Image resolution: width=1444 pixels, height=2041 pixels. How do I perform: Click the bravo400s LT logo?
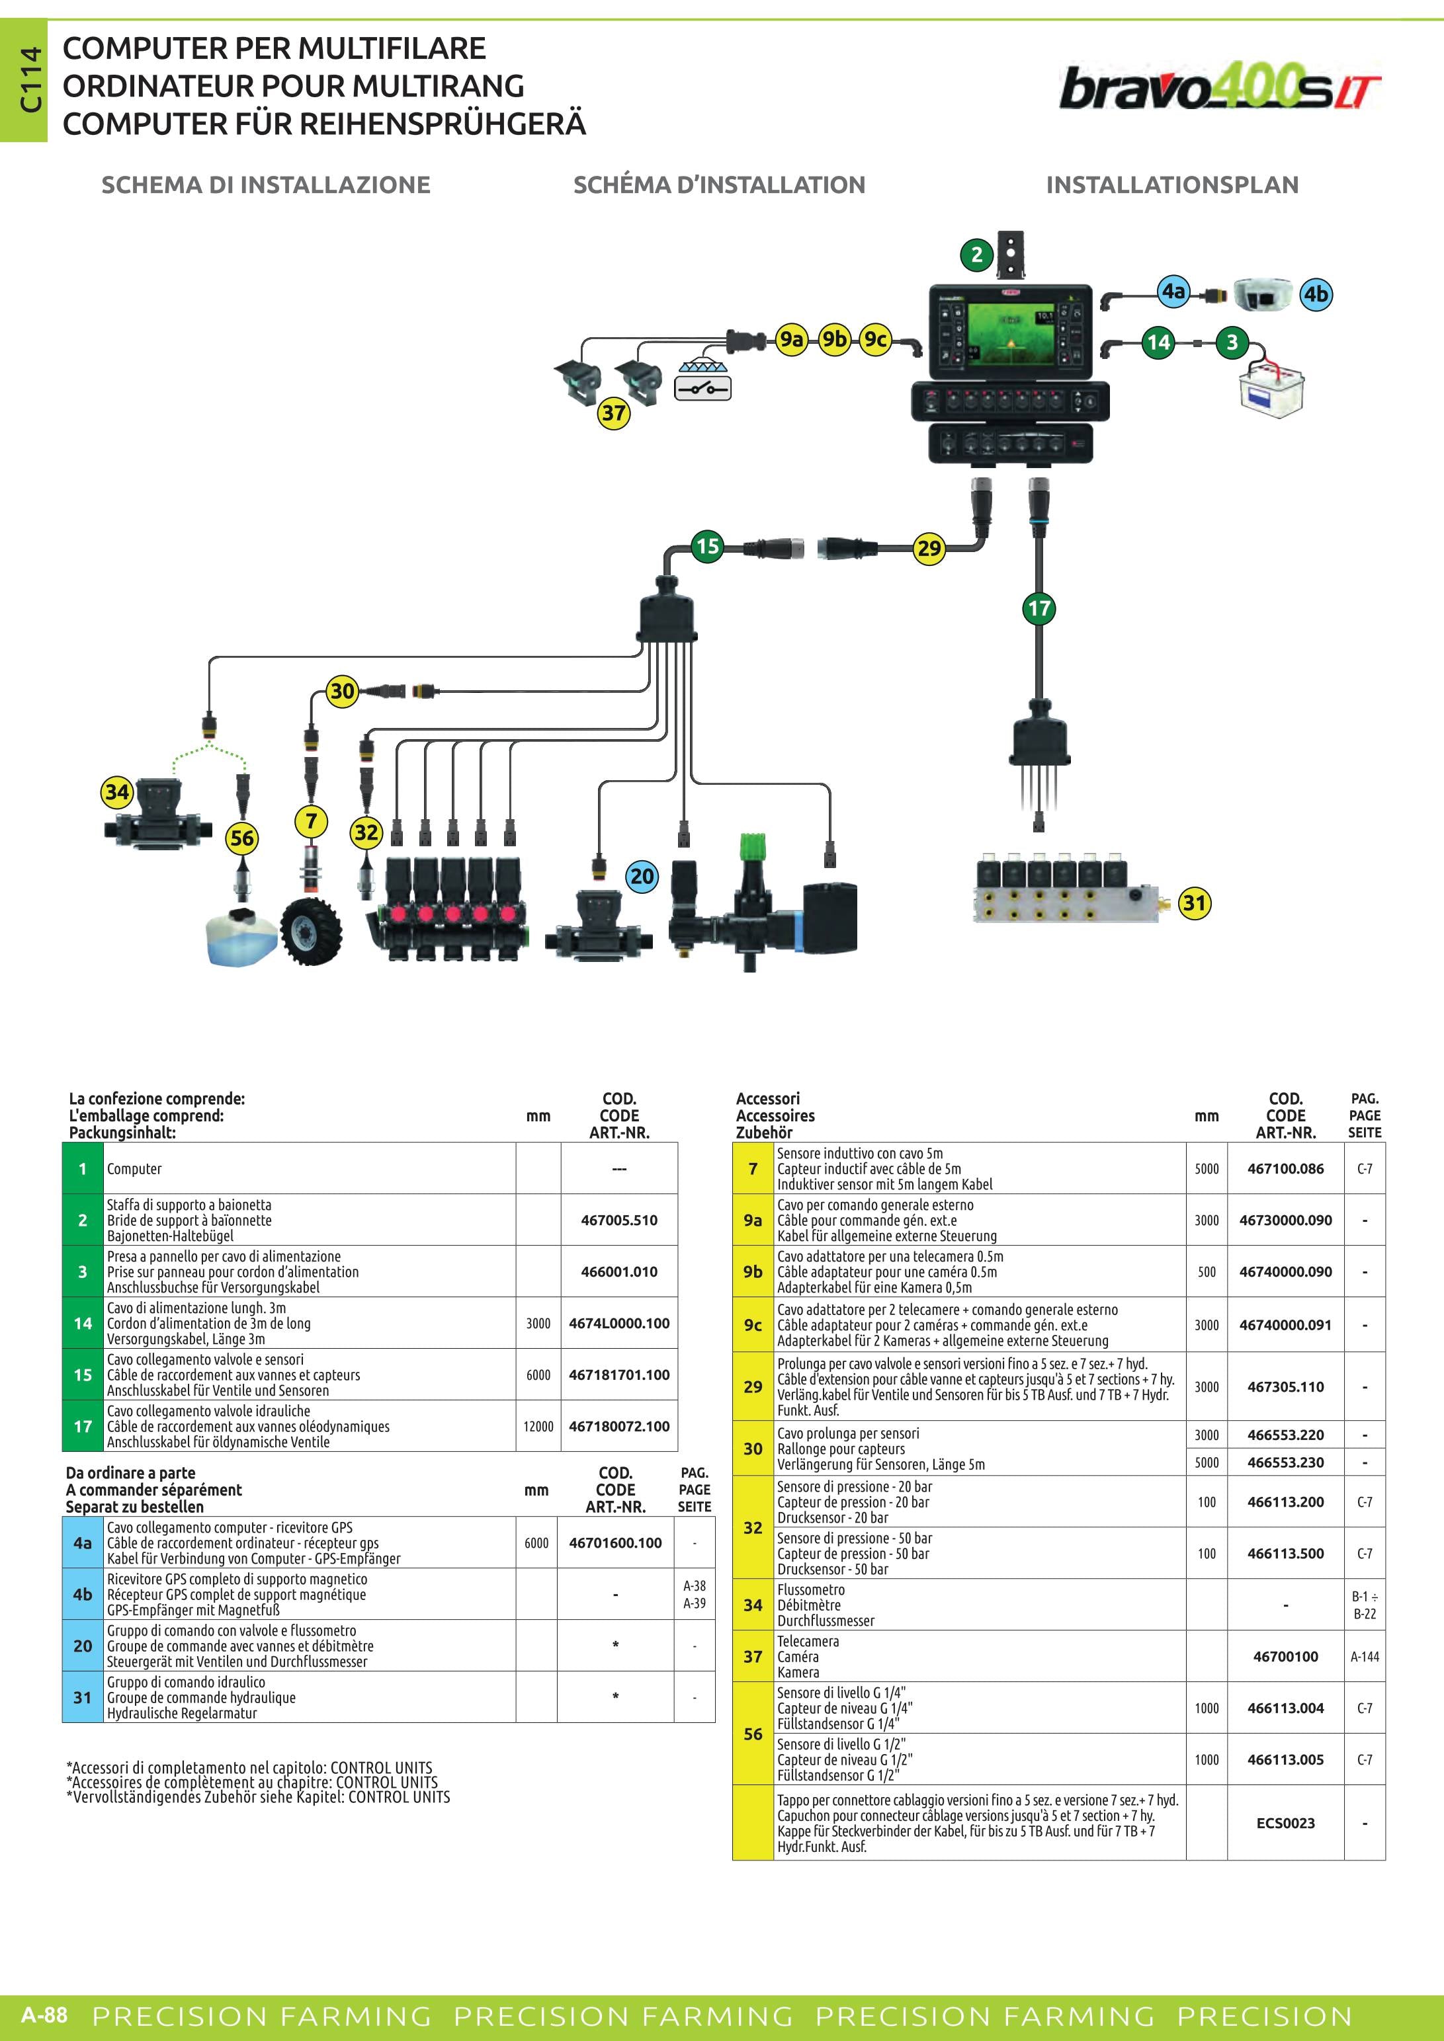point(1219,87)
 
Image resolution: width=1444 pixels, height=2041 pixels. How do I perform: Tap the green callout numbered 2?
point(976,255)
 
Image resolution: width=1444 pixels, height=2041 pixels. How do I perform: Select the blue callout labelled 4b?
point(1316,294)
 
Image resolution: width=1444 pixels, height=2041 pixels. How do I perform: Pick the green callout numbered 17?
point(1039,609)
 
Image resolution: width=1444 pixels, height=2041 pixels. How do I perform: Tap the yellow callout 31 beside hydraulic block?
point(1194,903)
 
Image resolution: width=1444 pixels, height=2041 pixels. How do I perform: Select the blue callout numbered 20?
point(642,877)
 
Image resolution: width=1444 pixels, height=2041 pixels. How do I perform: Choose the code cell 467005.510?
point(619,1220)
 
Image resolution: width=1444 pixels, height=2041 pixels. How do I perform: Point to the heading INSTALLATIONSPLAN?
point(1172,185)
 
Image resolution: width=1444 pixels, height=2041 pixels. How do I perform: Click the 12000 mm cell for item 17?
point(538,1426)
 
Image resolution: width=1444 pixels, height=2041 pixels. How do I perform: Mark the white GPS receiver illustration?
point(1263,294)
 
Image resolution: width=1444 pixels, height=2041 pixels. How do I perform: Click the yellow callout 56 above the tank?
point(242,838)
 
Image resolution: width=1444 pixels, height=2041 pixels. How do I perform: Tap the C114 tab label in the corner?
point(31,80)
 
